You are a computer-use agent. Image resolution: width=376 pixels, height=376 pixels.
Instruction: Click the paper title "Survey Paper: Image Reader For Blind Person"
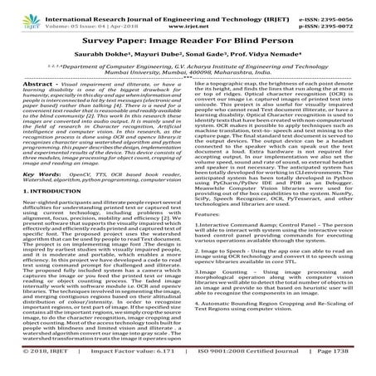click(188, 38)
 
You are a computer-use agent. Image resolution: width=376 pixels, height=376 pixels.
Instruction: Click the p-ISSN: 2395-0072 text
click(339, 17)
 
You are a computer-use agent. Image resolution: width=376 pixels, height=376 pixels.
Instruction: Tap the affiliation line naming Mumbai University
click(188, 73)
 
